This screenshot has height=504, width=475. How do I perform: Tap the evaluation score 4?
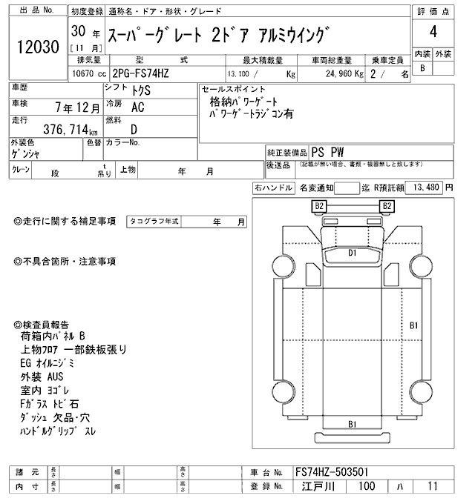[x=433, y=32]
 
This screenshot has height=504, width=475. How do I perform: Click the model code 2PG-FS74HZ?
[x=149, y=74]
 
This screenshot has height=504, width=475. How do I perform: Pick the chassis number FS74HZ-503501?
[x=330, y=472]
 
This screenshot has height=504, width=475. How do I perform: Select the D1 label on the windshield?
[x=353, y=253]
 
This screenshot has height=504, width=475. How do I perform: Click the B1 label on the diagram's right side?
[x=414, y=325]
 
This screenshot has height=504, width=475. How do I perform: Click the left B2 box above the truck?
[x=320, y=205]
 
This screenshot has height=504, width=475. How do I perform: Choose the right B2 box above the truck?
[x=386, y=205]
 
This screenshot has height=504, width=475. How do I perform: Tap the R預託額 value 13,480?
[x=425, y=188]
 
